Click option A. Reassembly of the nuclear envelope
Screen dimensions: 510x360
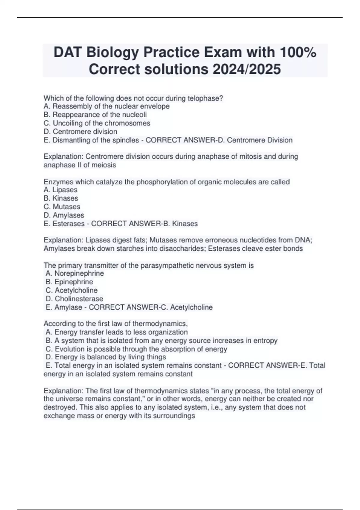[x=106, y=106]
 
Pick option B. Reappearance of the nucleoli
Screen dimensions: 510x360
[x=95, y=115]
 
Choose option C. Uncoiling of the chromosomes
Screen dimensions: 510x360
[x=97, y=123]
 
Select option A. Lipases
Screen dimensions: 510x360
[x=60, y=190]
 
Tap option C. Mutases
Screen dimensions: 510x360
[x=62, y=207]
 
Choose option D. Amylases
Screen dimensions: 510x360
[x=64, y=215]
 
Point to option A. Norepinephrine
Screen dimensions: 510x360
[x=75, y=273]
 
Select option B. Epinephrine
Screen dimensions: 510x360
[x=69, y=282]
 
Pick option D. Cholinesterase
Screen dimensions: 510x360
[x=74, y=298]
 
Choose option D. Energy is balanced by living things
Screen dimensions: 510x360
[x=106, y=357]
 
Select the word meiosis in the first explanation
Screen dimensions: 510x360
[x=105, y=165]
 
